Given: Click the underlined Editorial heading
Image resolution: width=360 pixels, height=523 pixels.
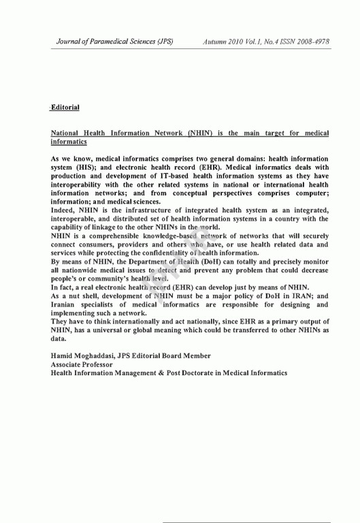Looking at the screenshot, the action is pos(65,108).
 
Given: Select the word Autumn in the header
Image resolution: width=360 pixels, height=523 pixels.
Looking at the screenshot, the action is pos(216,42).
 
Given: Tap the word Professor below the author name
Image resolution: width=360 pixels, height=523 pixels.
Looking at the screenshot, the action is pos(102,364).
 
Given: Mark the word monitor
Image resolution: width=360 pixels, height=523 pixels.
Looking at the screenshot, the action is pos(314,261).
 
